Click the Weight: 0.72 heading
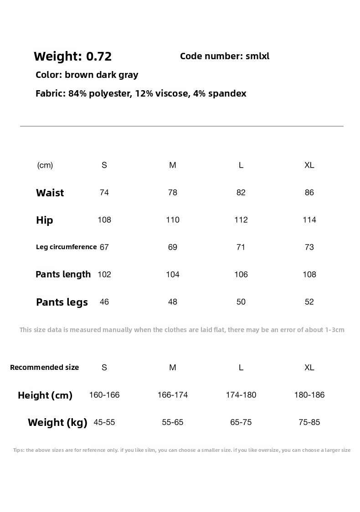coord(72,56)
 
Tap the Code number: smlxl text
coord(225,56)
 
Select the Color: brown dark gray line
coord(87,75)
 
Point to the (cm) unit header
coord(45,165)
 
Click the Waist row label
coord(50,193)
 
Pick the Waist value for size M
coord(172,193)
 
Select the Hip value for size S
coord(104,220)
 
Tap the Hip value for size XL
coord(309,220)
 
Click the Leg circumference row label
coord(66,247)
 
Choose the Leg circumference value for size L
coord(241,247)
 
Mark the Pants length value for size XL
coord(309,275)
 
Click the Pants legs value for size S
coord(104,302)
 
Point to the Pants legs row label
coord(62,302)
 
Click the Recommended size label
coord(44,367)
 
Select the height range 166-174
coord(172,395)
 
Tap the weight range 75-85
coord(309,422)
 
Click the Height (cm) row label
coord(45,395)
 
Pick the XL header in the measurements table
coord(309,165)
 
